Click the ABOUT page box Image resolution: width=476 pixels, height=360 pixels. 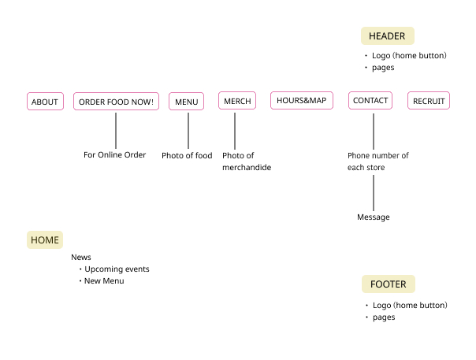[x=45, y=102]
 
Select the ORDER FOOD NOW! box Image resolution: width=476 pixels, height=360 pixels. [x=116, y=102]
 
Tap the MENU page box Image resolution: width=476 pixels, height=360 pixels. [x=186, y=102]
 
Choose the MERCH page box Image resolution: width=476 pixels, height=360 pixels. [x=237, y=101]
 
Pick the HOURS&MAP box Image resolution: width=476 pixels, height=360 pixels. [x=301, y=100]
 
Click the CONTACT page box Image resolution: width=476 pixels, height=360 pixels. [x=370, y=101]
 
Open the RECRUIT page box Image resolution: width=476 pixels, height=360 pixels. [x=429, y=101]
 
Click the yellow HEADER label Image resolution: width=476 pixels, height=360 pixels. [x=387, y=36]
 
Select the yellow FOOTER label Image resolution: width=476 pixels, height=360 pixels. [x=388, y=284]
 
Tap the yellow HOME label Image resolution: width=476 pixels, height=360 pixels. [x=45, y=240]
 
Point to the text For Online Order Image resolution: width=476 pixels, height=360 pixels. [x=115, y=155]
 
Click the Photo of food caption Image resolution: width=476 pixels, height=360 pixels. [x=187, y=156]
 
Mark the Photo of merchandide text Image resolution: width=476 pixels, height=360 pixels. [x=246, y=161]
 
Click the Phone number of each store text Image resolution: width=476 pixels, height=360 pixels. [x=377, y=161]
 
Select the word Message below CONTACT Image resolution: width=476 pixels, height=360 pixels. [x=373, y=217]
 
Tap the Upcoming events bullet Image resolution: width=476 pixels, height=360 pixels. [x=116, y=269]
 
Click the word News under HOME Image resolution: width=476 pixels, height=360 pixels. [x=81, y=258]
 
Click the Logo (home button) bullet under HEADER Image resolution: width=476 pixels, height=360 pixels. [x=409, y=56]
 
